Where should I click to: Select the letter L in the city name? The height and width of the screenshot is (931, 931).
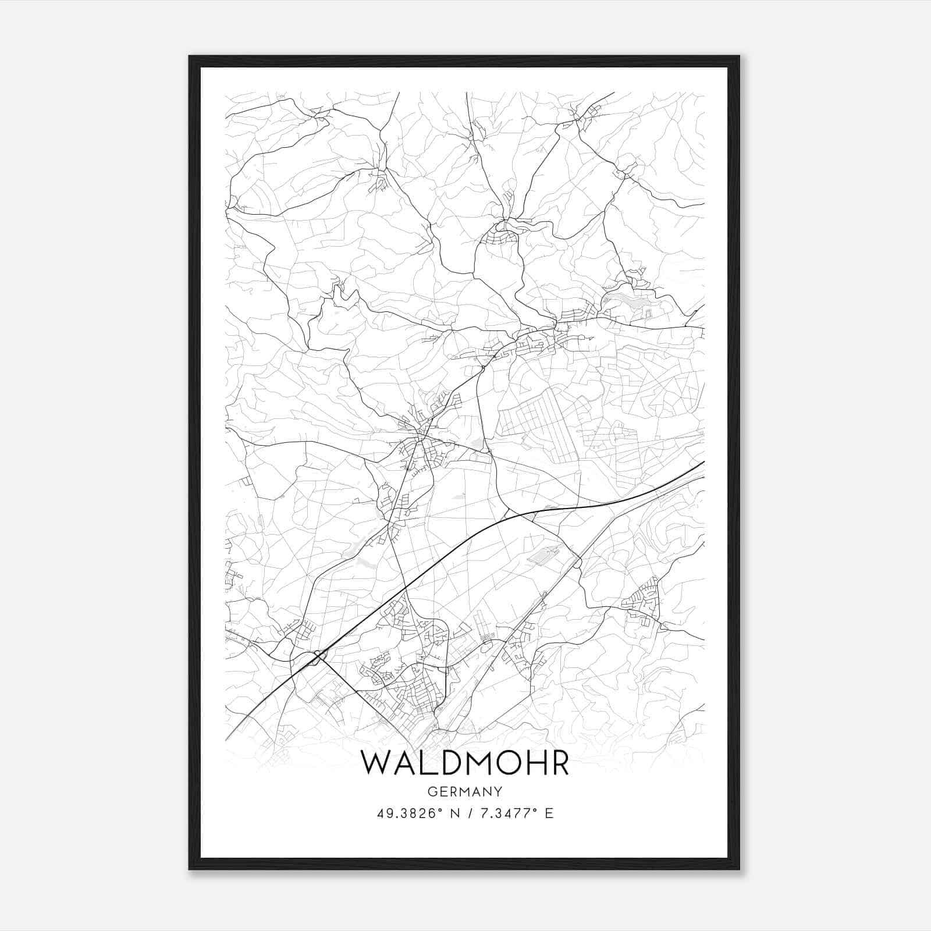[x=429, y=763]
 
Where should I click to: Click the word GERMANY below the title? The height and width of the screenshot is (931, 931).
[x=465, y=792]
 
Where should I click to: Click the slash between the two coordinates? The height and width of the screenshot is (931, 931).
[x=468, y=813]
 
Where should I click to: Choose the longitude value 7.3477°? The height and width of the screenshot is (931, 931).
[x=506, y=813]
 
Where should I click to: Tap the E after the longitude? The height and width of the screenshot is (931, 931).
[x=549, y=813]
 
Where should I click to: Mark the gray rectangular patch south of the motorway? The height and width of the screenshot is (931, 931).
[x=542, y=556]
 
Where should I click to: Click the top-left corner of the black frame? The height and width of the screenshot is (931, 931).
[x=190, y=56]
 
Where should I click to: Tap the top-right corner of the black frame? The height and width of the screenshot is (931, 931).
[x=739, y=56]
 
